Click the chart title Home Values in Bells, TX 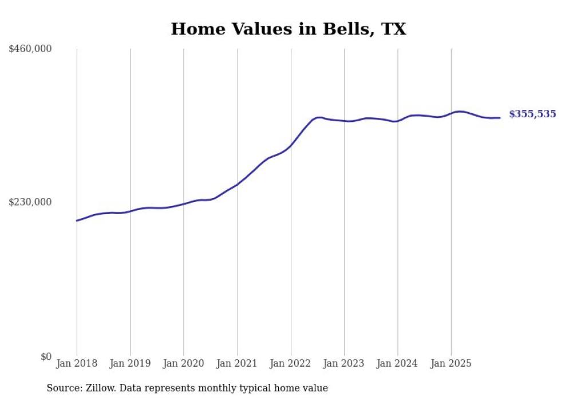click(289, 29)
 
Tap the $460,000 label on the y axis click(30, 49)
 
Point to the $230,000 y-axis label click(30, 202)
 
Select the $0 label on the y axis click(46, 357)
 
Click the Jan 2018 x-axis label click(77, 363)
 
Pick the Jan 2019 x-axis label click(130, 363)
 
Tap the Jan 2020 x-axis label click(184, 363)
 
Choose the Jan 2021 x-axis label click(237, 363)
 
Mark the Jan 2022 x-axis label click(291, 363)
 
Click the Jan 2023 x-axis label click(344, 363)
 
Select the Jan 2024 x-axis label click(398, 363)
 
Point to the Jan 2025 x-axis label click(451, 363)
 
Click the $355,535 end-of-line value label click(532, 114)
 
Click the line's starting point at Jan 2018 click(77, 220)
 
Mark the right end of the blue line click(500, 118)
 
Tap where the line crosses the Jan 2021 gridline click(237, 184)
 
